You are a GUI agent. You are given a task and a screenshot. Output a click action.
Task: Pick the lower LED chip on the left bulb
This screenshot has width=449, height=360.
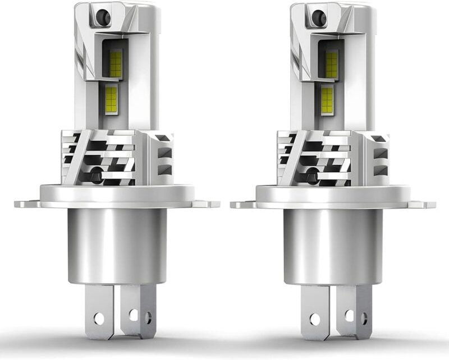(x=111, y=99)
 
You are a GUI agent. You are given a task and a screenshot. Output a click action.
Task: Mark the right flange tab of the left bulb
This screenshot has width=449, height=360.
(x=209, y=204)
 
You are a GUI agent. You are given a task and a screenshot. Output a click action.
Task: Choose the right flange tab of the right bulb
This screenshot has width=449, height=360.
(x=425, y=204)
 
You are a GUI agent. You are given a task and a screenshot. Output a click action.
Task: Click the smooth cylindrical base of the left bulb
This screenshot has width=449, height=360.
(x=117, y=247)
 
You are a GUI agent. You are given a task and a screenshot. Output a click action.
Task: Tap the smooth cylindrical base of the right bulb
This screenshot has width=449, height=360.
(x=333, y=247)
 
